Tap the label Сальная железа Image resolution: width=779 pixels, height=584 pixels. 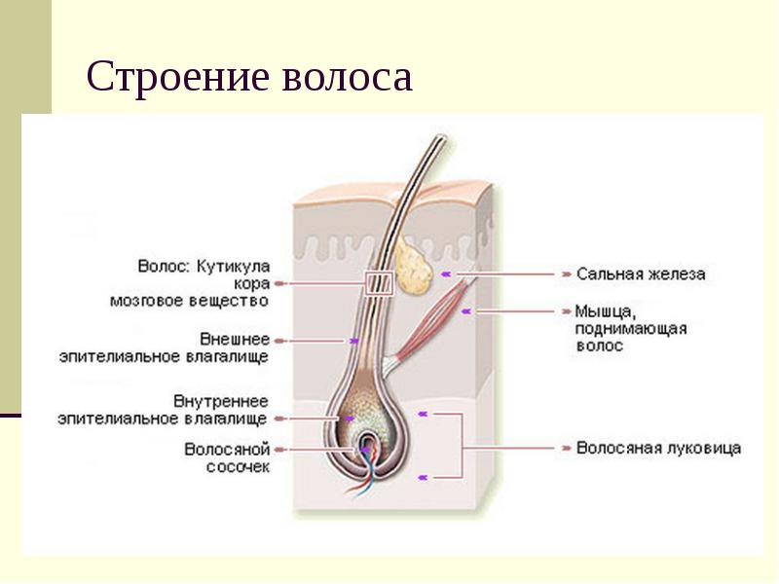click(640, 274)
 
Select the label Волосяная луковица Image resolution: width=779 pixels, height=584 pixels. click(658, 449)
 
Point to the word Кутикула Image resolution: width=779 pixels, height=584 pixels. click(234, 266)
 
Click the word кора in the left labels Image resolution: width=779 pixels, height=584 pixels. click(251, 283)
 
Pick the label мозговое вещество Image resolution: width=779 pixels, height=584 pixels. click(188, 301)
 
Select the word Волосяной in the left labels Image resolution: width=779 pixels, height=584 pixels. click(227, 450)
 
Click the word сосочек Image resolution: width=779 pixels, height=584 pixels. click(238, 466)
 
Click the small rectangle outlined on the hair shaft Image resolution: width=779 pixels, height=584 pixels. click(378, 283)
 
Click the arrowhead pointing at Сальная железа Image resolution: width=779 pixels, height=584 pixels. click(567, 274)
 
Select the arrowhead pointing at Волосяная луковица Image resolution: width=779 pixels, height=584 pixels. click(567, 449)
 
